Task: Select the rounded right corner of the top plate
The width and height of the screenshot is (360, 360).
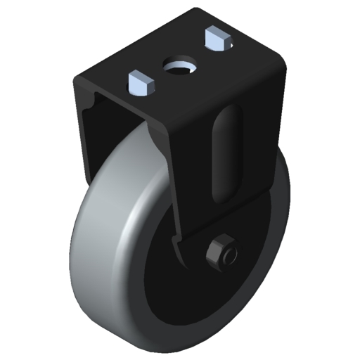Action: [x=283, y=59]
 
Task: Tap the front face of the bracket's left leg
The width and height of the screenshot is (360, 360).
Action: [x=80, y=134]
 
